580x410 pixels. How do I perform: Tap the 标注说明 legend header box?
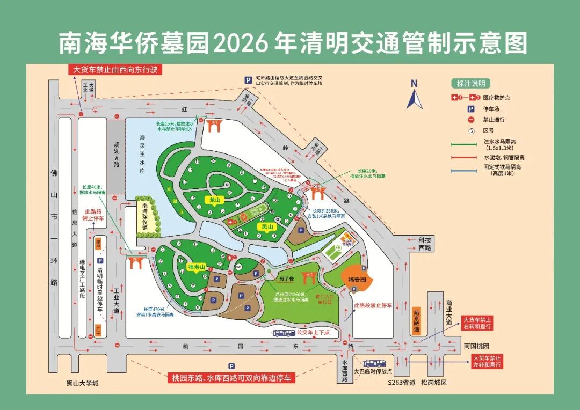pos(471,84)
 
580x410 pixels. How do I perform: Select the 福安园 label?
pos(357,279)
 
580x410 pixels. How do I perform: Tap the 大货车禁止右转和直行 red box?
pos(477,323)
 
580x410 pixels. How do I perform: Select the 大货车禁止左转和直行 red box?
pos(487,361)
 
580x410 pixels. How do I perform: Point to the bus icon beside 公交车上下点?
pos(284,333)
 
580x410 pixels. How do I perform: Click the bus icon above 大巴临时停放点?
pos(374,363)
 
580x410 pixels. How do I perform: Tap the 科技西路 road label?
pos(425,244)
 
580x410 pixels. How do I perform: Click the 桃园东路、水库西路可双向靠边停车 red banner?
pos(231,378)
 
